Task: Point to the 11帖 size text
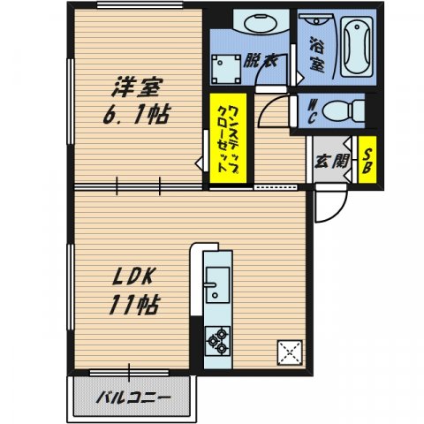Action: pos(133,306)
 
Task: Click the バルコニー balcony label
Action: pos(132,395)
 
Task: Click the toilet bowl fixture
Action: pos(344,110)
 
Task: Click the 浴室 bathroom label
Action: pos(315,51)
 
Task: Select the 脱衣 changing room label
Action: pos(260,61)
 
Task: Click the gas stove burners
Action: pos(217,338)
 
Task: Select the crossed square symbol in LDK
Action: pos(291,352)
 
